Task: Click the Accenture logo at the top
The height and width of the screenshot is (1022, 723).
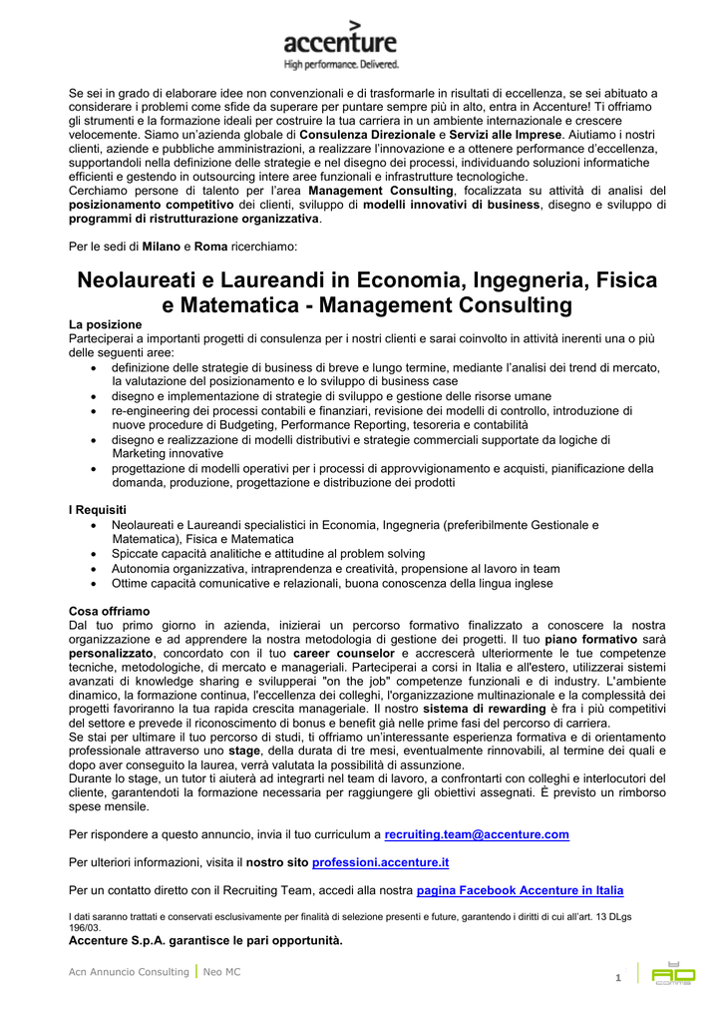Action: point(339,41)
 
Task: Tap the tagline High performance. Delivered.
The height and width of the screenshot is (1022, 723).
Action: point(341,65)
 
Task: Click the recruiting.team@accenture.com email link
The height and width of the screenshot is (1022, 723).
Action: point(477,834)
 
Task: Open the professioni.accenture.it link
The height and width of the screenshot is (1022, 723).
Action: point(380,862)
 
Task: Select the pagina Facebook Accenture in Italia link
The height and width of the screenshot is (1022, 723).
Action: point(520,890)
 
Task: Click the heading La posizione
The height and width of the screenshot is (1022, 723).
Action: point(105,324)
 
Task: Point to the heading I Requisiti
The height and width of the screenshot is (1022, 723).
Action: point(98,510)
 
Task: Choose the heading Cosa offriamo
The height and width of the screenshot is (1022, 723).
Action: point(109,611)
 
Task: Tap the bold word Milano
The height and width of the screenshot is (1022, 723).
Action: point(162,246)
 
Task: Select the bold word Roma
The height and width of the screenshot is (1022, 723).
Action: point(211,246)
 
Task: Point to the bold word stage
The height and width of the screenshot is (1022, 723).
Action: point(243,750)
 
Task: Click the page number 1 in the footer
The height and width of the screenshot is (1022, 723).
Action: point(618,977)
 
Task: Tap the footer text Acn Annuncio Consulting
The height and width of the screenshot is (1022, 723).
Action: point(128,971)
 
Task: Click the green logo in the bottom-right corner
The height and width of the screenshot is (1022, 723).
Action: point(673,971)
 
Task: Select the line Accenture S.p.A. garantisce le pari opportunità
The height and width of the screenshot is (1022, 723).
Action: point(204,940)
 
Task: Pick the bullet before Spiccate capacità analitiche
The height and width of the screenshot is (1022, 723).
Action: point(94,554)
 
